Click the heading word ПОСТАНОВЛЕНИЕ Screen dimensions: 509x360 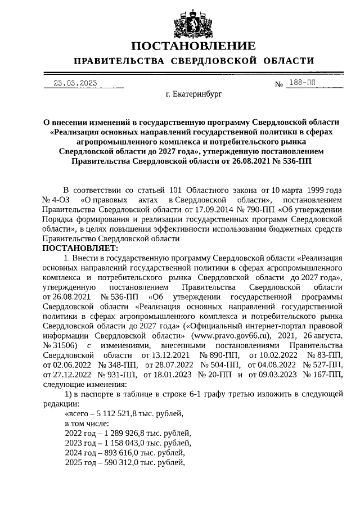[x=193, y=46]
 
